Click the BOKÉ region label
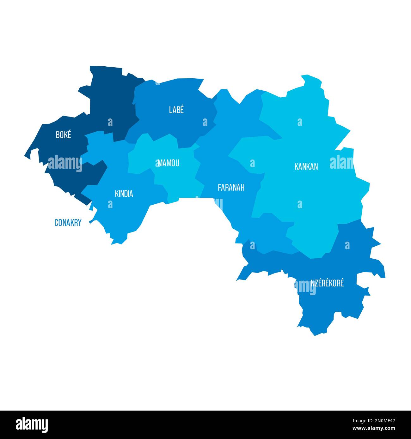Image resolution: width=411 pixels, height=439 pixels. (x=63, y=135)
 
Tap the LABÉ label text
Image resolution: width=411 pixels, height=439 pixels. (x=176, y=110)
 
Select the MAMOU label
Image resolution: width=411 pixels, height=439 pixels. (x=169, y=163)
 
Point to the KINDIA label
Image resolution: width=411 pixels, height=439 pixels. (x=124, y=194)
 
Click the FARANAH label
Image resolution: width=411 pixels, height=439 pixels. (x=231, y=188)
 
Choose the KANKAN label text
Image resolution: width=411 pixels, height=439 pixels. (x=306, y=166)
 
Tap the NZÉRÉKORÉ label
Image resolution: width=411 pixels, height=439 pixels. (x=327, y=283)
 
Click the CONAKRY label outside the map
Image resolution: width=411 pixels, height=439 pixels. (x=68, y=223)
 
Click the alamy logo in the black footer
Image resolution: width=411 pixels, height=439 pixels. (x=32, y=424)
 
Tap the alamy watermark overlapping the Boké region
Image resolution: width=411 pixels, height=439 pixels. (x=65, y=163)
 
